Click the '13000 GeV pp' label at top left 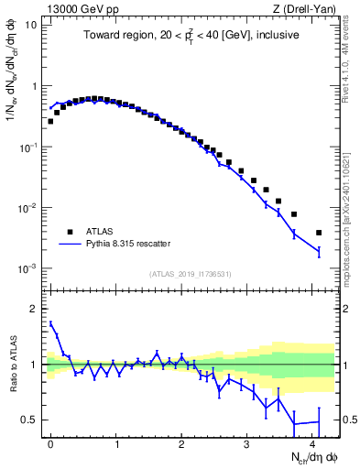76,8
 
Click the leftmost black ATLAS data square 50,121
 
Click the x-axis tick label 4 312,442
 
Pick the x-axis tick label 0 50,442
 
